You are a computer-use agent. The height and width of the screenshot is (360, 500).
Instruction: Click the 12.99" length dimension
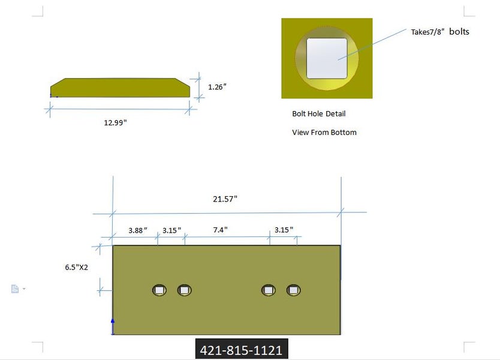tap(116, 122)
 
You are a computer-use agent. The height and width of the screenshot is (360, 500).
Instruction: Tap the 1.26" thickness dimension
tap(217, 87)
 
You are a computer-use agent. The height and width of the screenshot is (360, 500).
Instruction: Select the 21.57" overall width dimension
tap(225, 199)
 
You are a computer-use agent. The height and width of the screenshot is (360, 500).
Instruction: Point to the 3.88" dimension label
tap(138, 230)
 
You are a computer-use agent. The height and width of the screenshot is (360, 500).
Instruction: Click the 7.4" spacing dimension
tap(220, 230)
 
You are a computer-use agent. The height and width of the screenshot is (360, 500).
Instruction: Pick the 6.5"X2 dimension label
tap(77, 268)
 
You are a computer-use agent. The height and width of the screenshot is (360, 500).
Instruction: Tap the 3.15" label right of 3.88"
tap(172, 230)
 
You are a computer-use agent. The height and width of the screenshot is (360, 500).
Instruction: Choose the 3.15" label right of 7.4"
tap(284, 230)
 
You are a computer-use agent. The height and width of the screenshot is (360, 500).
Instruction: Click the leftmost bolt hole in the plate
tap(159, 290)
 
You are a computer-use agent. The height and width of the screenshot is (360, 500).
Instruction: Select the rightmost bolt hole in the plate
tap(293, 290)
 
